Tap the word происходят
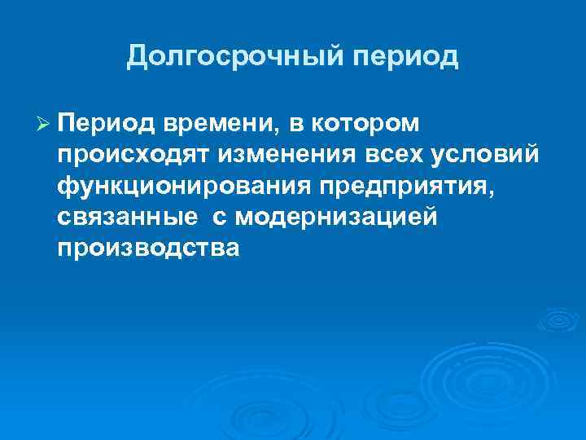[133, 155]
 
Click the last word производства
[149, 248]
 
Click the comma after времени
[278, 130]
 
